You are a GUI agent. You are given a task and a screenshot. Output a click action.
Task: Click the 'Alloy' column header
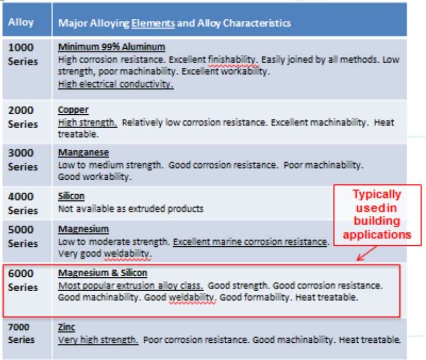coord(21,22)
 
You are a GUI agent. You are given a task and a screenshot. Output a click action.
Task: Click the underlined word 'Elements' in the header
coord(153,23)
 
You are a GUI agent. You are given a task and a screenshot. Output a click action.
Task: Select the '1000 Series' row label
coord(23,54)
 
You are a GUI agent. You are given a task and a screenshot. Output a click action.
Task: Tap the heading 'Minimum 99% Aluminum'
coord(111,47)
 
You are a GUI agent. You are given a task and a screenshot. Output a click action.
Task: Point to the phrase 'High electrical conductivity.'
coord(116,84)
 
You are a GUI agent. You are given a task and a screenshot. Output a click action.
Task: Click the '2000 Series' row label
coord(23,117)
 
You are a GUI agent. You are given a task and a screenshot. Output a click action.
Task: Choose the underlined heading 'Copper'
coord(73,110)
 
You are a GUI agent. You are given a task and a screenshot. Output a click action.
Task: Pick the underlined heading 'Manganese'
coord(83,153)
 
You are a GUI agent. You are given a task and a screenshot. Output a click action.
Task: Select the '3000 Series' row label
coord(23,160)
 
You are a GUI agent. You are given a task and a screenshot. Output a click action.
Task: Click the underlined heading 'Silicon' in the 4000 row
coord(71,196)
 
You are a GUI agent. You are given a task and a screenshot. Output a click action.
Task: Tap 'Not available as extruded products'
coord(131,209)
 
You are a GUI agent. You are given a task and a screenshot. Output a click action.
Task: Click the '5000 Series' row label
coord(23,236)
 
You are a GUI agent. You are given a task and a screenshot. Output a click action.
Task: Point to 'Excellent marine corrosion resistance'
coord(250,241)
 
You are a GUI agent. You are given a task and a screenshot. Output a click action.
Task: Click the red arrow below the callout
coord(367,253)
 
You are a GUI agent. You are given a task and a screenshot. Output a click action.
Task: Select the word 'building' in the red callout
coord(377,221)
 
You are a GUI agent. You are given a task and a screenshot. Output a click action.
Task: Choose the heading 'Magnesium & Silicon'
coord(103,273)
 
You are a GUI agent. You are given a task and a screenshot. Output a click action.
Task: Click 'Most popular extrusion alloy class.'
coord(131,286)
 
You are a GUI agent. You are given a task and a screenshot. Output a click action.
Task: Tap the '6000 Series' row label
coord(23,280)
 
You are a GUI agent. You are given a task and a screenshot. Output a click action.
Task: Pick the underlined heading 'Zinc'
coord(67,327)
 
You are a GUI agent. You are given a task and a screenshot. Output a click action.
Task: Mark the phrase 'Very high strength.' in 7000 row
coord(98,340)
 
